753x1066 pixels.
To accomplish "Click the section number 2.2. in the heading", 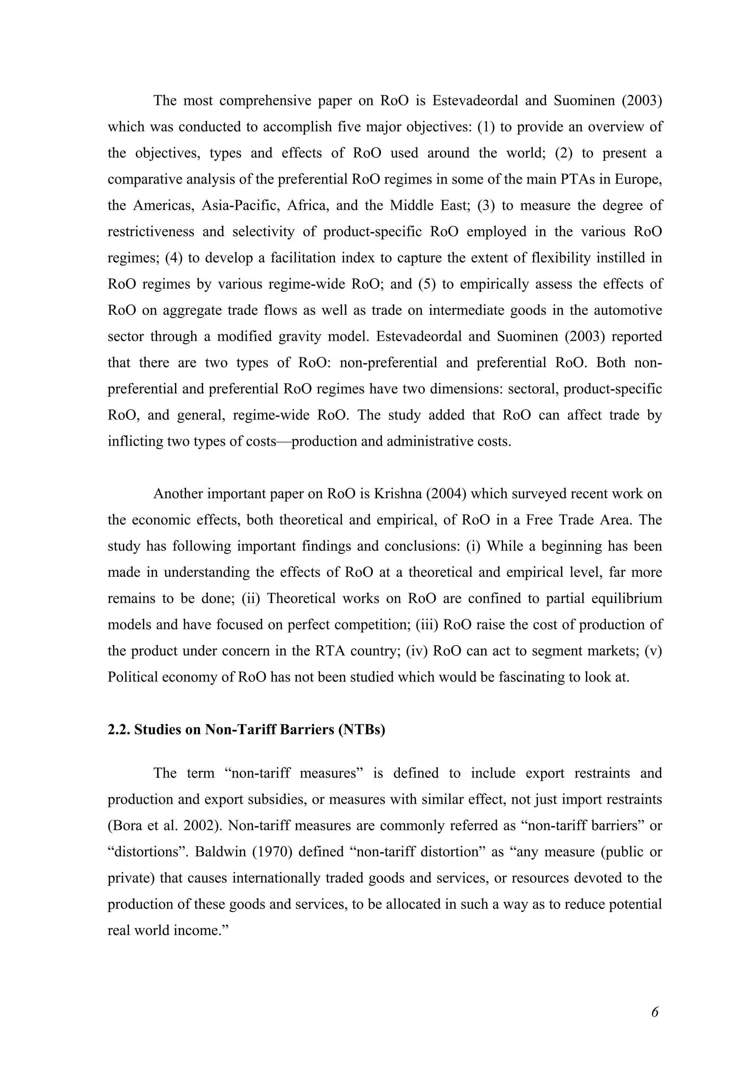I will pos(119,730).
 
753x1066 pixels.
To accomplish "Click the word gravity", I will pos(301,336).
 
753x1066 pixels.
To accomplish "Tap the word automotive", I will pos(628,310).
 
